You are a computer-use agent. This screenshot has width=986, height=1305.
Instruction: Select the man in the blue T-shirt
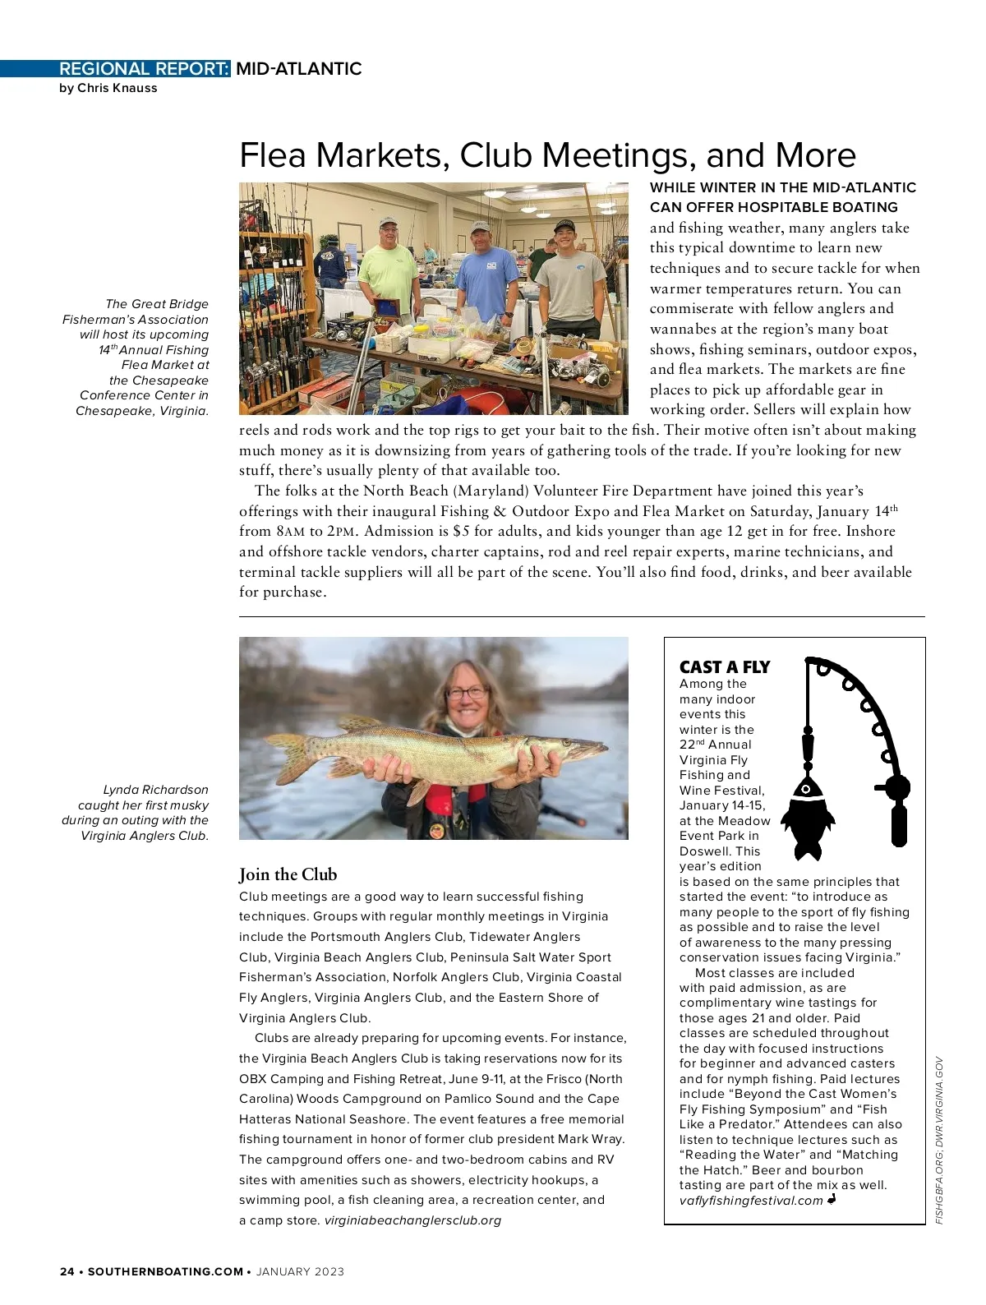point(485,271)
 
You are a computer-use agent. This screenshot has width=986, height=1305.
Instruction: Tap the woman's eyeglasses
point(467,693)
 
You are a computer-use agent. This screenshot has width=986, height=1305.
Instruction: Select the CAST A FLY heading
point(724,667)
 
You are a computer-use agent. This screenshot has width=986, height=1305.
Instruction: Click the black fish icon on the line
point(807,814)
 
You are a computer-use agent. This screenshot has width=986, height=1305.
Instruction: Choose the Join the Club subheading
point(288,874)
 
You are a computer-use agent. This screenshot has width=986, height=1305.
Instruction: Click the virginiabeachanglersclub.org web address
point(412,1220)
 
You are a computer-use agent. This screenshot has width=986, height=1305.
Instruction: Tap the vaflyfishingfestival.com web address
point(750,1201)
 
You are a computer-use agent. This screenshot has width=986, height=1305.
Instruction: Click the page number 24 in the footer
point(67,1271)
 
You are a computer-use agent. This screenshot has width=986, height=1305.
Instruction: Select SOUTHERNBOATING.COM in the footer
point(165,1271)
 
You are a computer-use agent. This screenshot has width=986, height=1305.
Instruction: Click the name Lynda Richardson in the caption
point(155,790)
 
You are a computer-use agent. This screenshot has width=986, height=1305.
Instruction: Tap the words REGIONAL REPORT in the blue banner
point(144,69)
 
